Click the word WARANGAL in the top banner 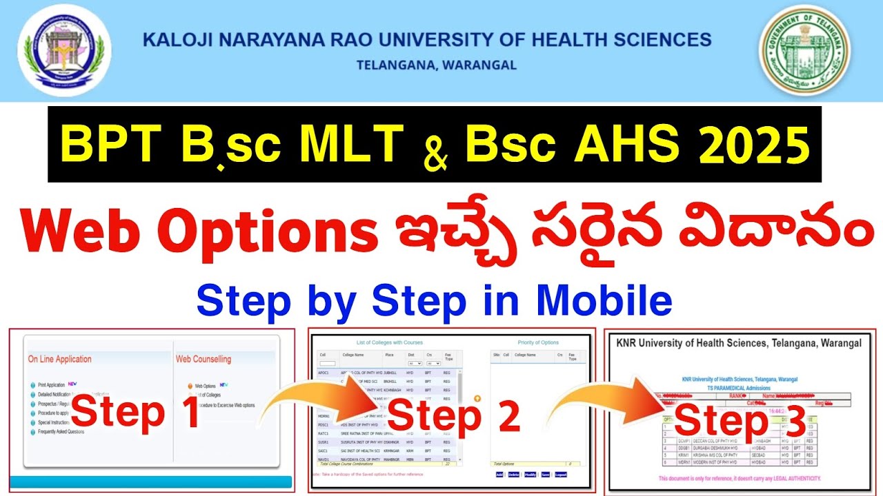(483, 66)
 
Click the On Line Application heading (59, 359)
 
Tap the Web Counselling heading (204, 359)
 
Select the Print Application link (51, 384)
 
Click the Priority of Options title (538, 342)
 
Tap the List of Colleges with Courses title (390, 342)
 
